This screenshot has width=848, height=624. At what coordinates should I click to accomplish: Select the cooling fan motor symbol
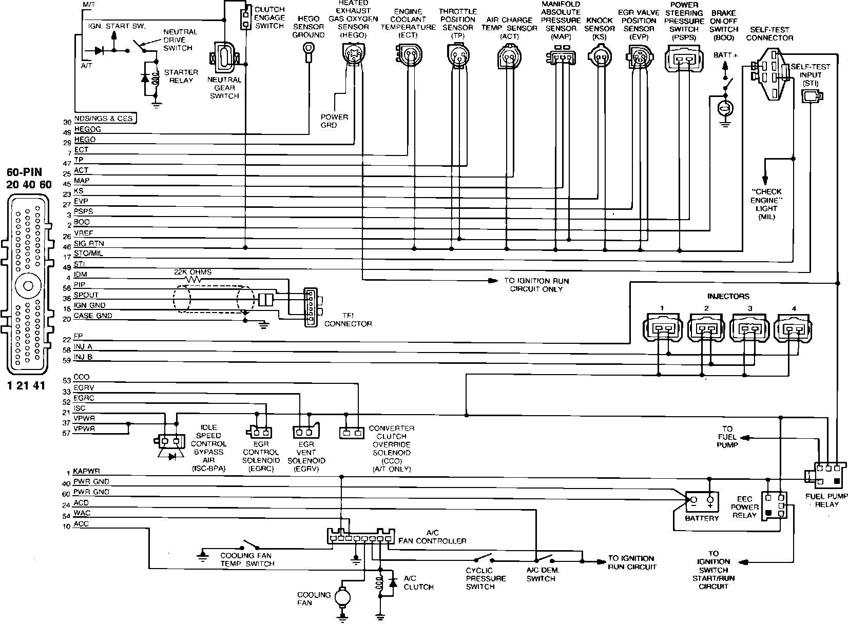pyautogui.click(x=341, y=597)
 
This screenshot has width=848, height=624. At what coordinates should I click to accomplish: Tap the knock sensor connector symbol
pyautogui.click(x=599, y=55)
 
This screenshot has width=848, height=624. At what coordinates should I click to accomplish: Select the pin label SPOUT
pyautogui.click(x=86, y=295)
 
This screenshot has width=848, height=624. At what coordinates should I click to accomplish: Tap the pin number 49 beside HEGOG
pyautogui.click(x=67, y=132)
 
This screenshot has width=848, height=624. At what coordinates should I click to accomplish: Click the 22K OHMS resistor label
pyautogui.click(x=192, y=272)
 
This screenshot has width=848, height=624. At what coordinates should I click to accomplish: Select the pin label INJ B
pyautogui.click(x=83, y=357)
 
